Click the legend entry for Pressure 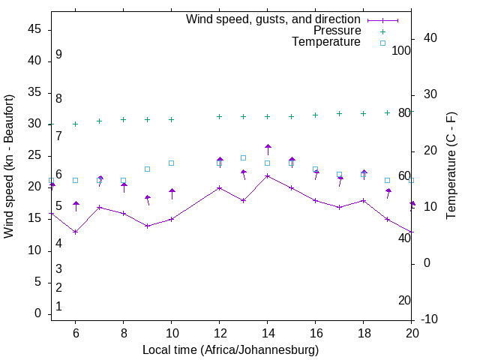pos(337,31)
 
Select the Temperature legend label pos(326,42)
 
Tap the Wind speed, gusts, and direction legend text pos(274,19)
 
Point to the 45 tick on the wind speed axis pos(34,28)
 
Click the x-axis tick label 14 pos(268,333)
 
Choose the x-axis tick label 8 pos(123,333)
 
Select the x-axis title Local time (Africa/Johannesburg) pos(231,350)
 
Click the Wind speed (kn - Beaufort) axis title pos(9,166)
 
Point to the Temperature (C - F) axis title pos(451,166)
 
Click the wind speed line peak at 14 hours pos(268,175)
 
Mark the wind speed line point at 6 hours pos(75,232)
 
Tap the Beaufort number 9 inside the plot pos(58,55)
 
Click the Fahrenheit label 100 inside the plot pos(401,50)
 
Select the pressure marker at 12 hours pos(220,116)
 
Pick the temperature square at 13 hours pos(244,157)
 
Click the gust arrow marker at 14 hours pos(268,148)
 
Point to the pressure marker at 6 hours pos(75,124)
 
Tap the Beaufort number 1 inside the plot pos(58,306)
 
